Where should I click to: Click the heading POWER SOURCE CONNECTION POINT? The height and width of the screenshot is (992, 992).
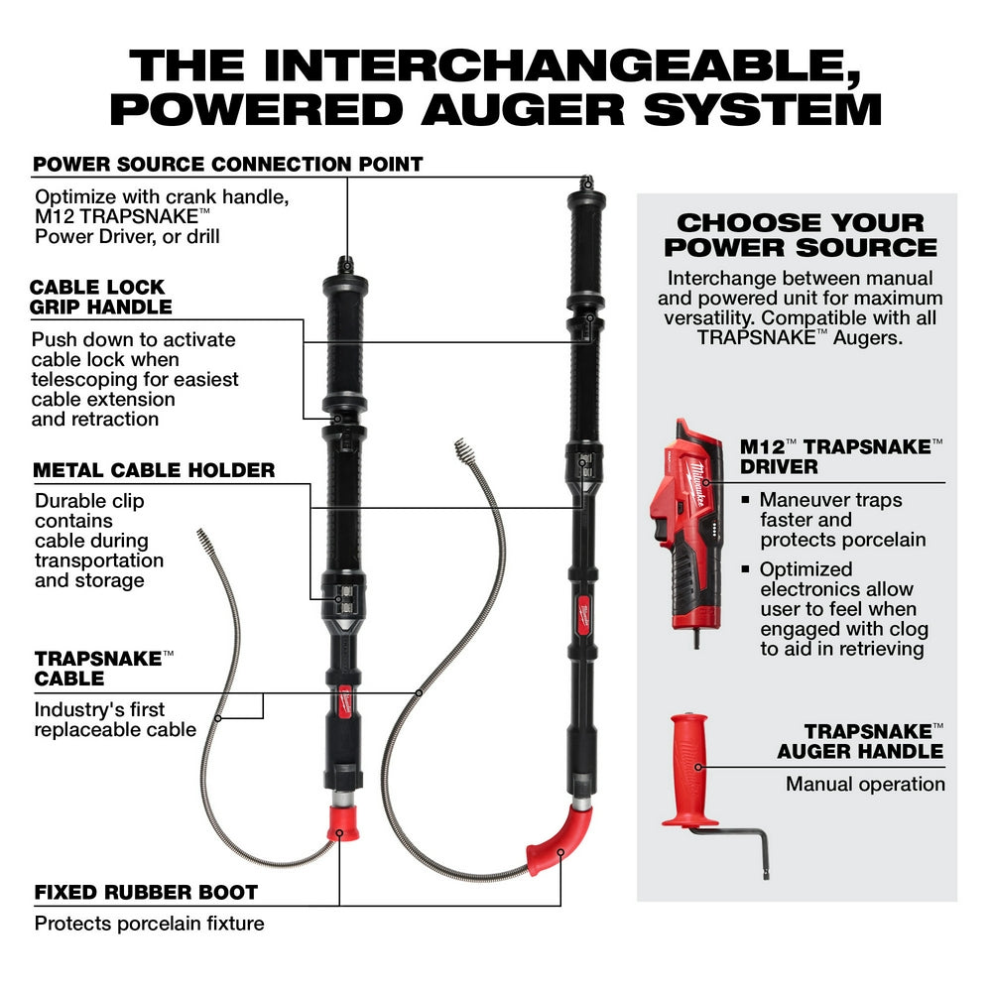coord(228,164)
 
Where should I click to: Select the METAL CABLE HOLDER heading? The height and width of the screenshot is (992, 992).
coord(155,469)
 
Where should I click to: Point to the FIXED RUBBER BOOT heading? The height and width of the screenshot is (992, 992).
coord(146,892)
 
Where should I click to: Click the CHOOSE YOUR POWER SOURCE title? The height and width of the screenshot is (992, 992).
coord(800,234)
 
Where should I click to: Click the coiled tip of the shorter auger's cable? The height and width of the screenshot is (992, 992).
coord(206,541)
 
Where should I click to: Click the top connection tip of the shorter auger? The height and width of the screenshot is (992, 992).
coord(345,264)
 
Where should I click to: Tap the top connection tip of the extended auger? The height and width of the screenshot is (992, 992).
coord(585,183)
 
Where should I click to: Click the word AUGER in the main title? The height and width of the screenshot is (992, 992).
coord(525,108)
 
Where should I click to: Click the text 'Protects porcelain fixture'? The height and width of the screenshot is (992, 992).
coord(150,924)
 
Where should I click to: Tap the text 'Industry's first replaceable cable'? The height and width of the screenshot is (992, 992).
coord(115,719)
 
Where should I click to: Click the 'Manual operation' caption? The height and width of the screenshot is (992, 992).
coord(865,784)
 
